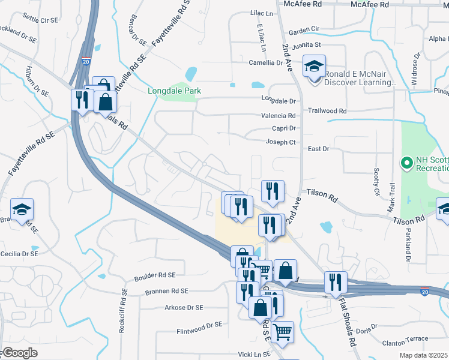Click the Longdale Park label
pyautogui.click(x=174, y=91)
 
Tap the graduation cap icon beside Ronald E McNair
pyautogui.click(x=314, y=67)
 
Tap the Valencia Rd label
pyautogui.click(x=278, y=115)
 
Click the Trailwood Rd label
pyautogui.click(x=327, y=111)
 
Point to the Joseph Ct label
pyautogui.click(x=281, y=142)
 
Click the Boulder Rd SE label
pyautogui.click(x=154, y=275)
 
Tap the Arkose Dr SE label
pyautogui.click(x=183, y=307)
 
